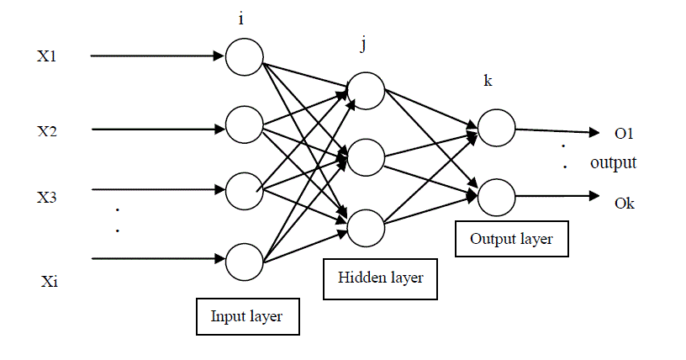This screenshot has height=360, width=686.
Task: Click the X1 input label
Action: (46, 57)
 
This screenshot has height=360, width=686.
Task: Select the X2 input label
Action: (46, 131)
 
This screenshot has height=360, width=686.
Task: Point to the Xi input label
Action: (48, 281)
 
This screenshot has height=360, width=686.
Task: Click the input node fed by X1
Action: (244, 56)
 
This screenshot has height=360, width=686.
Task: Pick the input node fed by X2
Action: (244, 124)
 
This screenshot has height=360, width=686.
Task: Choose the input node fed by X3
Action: (244, 190)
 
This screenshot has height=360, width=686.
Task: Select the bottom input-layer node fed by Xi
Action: (244, 260)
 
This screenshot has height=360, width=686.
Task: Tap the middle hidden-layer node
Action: (365, 157)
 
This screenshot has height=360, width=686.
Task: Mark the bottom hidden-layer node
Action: (365, 226)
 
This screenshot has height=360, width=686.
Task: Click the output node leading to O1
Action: (495, 128)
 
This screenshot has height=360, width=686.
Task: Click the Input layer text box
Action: (246, 317)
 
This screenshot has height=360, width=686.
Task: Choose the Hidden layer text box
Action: (380, 277)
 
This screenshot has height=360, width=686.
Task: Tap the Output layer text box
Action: (511, 239)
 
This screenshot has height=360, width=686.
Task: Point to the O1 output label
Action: (624, 133)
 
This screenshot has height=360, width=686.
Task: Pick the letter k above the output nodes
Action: (488, 81)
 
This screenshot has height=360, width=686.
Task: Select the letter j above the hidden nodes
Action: (363, 45)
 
